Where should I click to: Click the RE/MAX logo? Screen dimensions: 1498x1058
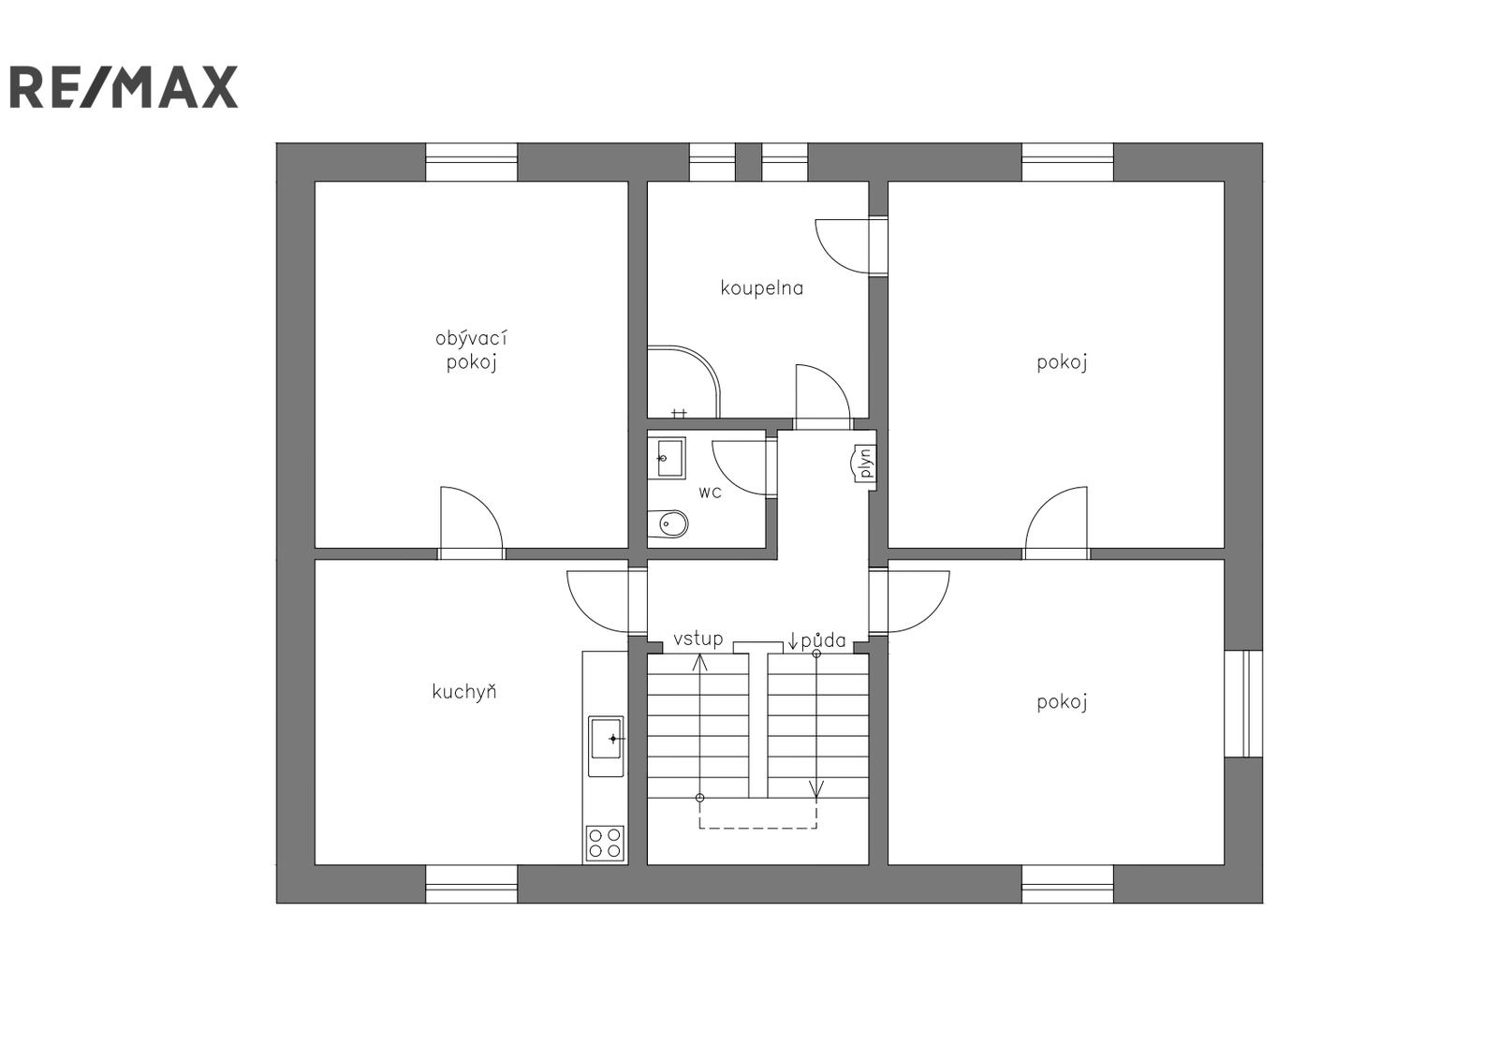[124, 87]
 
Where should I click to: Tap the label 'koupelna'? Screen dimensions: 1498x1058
[762, 288]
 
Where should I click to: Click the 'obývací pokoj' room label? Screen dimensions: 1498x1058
[471, 350]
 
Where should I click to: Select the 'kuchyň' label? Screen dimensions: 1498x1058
[464, 691]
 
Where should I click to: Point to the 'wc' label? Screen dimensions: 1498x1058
[711, 492]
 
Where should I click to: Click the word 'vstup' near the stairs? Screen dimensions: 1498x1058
[698, 639]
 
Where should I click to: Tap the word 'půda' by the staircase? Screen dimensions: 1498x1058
[823, 640]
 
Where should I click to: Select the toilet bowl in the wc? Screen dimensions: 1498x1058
[668, 523]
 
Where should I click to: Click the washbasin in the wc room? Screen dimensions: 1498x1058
[667, 458]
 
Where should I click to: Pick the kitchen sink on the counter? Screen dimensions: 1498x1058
[606, 746]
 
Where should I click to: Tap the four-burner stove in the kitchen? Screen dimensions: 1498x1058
[605, 843]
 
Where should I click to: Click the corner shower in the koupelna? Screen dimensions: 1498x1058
[683, 382]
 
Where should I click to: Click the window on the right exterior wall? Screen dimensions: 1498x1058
[1244, 703]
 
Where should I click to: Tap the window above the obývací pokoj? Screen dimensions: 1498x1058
[472, 162]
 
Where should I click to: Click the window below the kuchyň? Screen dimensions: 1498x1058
[472, 884]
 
